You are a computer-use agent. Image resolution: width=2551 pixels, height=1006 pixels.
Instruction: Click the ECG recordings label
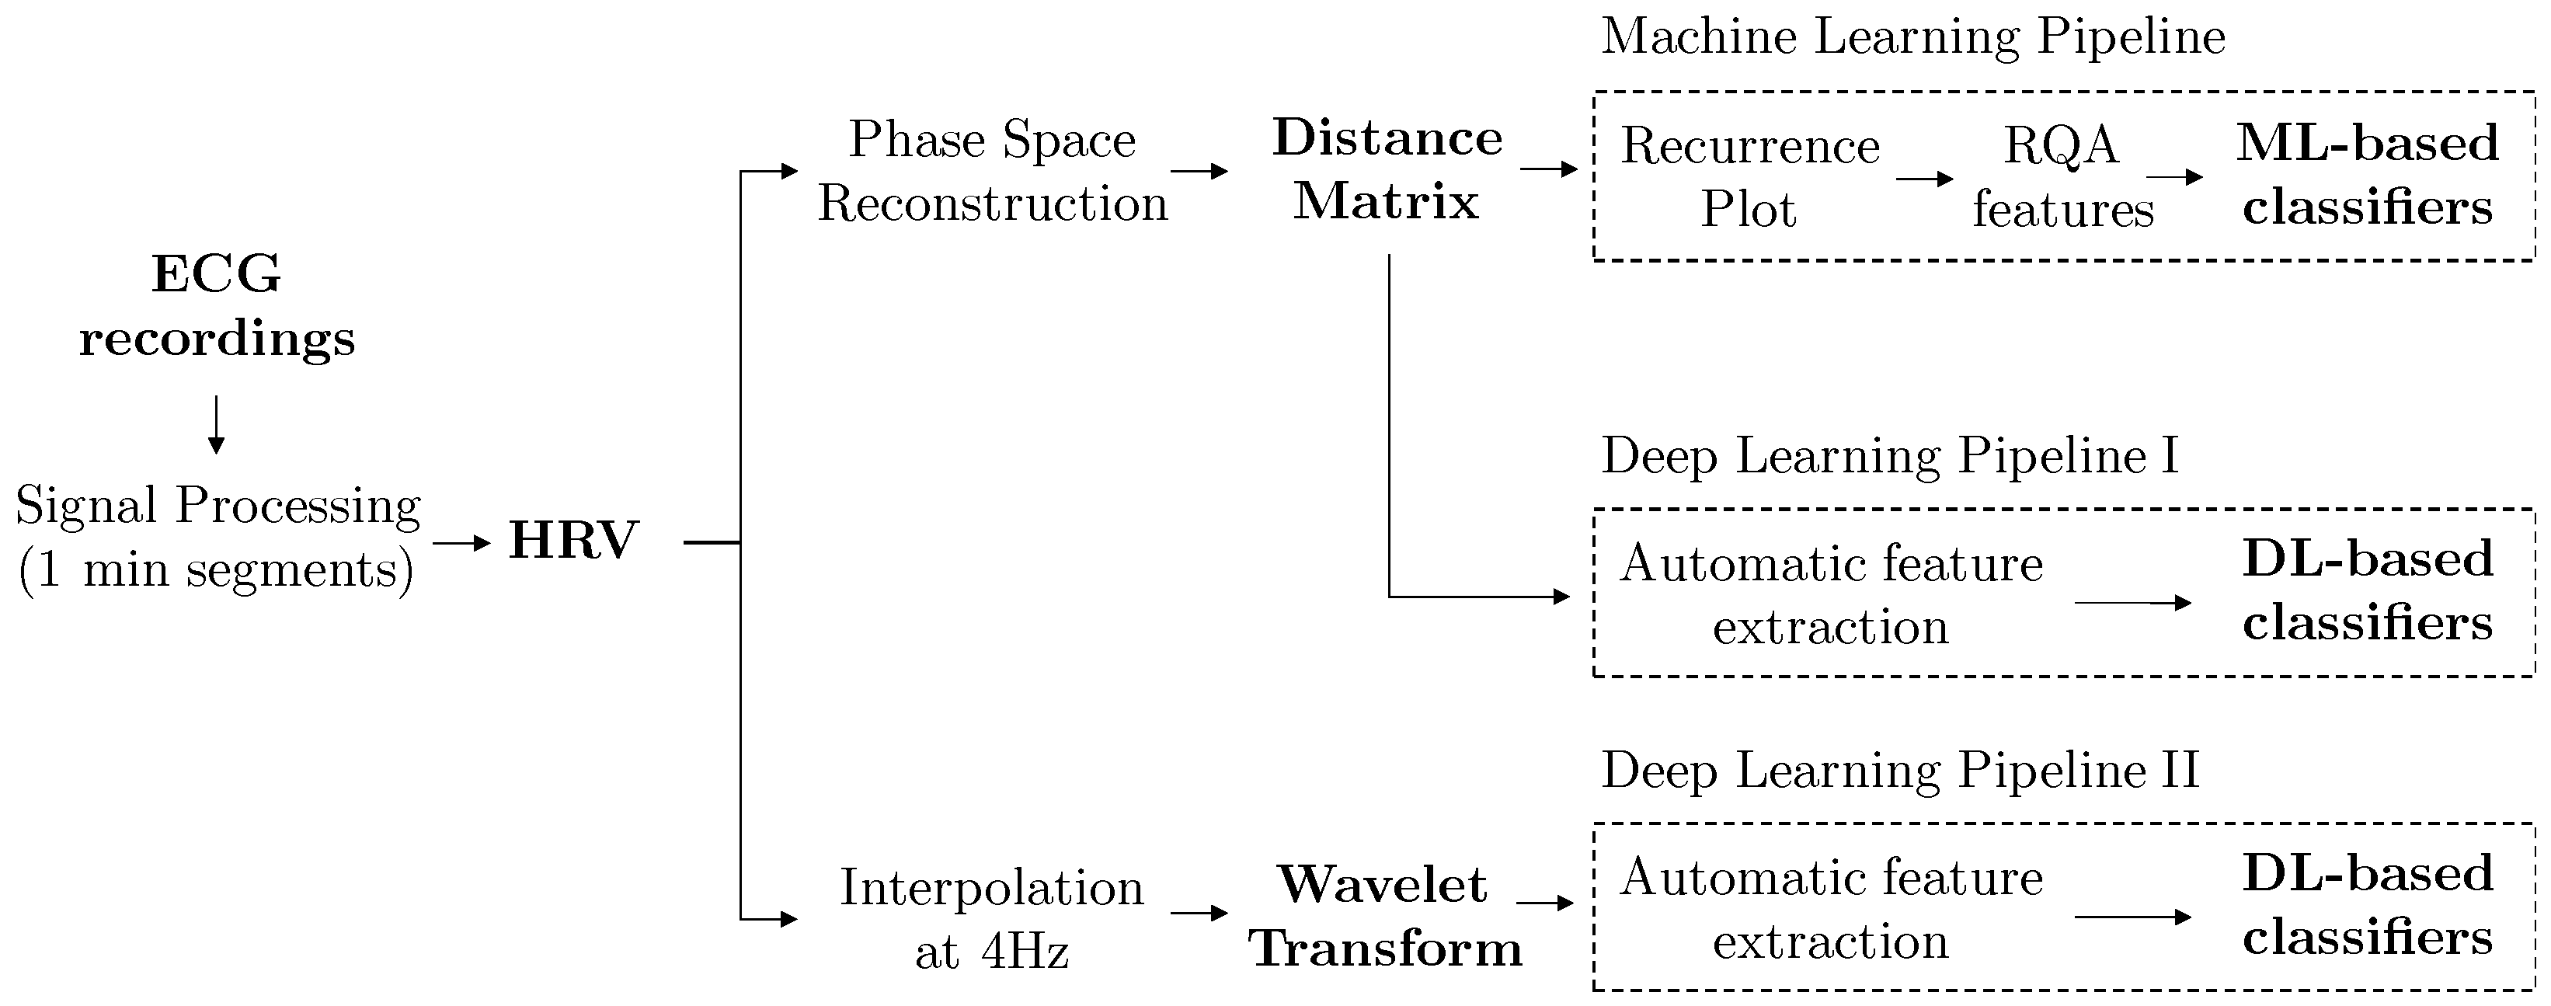[217, 305]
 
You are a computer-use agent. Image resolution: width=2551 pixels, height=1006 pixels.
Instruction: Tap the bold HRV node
[573, 541]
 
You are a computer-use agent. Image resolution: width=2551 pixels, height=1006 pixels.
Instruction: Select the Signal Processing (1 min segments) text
[218, 538]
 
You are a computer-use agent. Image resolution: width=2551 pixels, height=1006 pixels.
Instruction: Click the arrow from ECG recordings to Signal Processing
[216, 425]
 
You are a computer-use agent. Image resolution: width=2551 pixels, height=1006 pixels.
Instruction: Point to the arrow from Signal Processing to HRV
[462, 542]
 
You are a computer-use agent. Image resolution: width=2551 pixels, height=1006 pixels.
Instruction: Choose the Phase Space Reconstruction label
[992, 172]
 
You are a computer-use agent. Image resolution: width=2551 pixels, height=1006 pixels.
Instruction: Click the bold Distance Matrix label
[1387, 169]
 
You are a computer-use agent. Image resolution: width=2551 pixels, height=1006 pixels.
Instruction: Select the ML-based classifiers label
[2368, 176]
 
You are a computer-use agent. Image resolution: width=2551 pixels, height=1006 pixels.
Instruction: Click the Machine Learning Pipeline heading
[1913, 37]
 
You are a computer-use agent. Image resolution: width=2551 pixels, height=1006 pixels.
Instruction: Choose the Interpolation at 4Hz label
[992, 919]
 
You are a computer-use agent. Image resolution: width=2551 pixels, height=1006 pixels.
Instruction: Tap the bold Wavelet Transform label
[1384, 917]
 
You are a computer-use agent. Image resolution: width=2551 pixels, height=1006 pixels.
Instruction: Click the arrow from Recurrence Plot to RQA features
[1924, 179]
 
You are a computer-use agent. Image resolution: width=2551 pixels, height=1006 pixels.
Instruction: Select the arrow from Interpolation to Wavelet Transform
[1199, 913]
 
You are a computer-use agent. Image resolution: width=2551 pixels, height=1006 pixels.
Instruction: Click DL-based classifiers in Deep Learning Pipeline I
[2368, 591]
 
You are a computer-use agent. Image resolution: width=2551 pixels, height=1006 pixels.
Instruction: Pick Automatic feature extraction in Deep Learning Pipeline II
[1831, 909]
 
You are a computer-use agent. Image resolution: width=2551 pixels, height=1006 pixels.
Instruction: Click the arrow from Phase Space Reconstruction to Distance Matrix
[1199, 172]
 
